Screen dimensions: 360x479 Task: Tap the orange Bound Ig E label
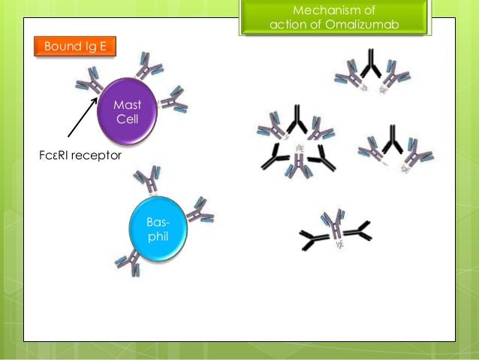point(75,47)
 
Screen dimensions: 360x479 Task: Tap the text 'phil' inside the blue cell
point(158,236)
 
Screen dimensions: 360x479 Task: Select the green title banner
point(335,18)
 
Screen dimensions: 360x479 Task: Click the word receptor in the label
point(99,156)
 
